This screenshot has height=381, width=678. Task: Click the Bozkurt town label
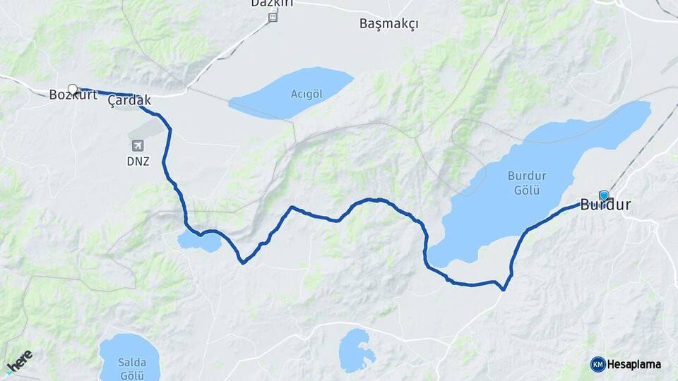(x=73, y=95)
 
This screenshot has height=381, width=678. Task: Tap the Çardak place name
(x=129, y=102)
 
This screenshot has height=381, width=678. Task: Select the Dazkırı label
(x=272, y=4)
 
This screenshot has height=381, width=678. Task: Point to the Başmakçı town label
(x=388, y=23)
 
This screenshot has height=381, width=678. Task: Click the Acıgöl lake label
(x=307, y=93)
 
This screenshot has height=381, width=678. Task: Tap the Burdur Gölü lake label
(x=523, y=183)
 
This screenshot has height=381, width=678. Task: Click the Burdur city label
(x=605, y=206)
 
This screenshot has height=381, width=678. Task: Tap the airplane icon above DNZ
(x=137, y=146)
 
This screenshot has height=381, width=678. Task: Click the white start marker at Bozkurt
(x=72, y=89)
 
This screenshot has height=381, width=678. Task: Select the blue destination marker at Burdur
(x=604, y=195)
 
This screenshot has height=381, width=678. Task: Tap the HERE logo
(x=19, y=361)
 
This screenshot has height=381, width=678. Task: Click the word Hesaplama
(x=634, y=364)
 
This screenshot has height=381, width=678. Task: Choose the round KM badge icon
(x=597, y=364)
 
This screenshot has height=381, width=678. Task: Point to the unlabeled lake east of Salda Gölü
(x=356, y=351)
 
